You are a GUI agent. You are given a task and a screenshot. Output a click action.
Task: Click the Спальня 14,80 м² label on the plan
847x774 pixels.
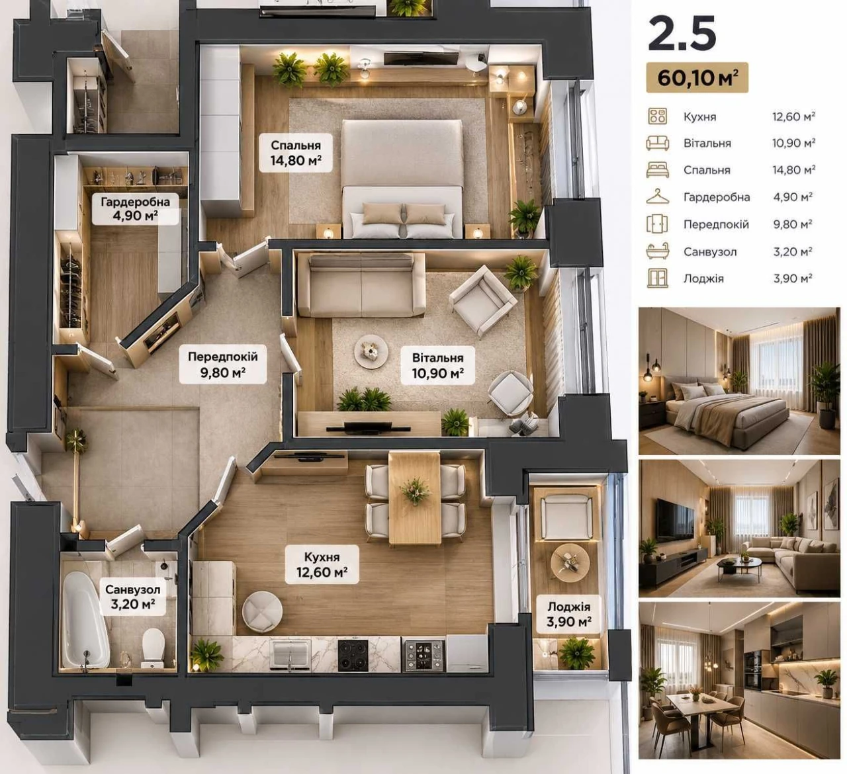coord(296,153)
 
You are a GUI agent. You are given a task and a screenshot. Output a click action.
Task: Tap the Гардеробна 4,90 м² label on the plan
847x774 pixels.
coord(135,208)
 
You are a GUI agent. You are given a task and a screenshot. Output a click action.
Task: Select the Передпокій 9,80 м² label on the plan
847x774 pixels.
coord(222,365)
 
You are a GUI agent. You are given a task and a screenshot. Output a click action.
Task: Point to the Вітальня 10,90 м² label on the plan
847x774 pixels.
coord(437,366)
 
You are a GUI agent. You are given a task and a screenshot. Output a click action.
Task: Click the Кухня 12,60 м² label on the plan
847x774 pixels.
coord(322,564)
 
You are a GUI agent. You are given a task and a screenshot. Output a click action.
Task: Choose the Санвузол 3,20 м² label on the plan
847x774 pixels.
coord(132,597)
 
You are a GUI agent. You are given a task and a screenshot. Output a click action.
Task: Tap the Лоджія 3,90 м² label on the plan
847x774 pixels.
coord(569,614)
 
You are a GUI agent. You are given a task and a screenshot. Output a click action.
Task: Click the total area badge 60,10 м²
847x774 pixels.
coord(697,77)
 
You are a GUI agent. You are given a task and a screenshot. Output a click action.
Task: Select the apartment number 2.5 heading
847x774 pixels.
coord(682,34)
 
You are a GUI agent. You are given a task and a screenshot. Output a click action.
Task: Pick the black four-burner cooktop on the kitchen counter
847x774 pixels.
coord(353,656)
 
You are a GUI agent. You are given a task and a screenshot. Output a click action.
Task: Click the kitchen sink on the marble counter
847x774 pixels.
coord(290,654)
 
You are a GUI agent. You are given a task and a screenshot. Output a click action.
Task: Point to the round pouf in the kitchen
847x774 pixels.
coord(262,611)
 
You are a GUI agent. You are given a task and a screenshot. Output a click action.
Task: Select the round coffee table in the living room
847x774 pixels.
coord(371,351)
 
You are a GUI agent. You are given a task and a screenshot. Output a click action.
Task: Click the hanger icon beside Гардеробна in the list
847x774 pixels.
coord(657,196)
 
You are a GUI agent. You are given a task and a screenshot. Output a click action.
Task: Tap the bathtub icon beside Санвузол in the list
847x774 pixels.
coord(657,251)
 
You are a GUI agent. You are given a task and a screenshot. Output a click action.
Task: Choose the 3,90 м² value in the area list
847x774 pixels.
coord(793,279)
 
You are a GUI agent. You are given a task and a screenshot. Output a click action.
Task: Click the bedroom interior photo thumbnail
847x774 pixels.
coord(739,380)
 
